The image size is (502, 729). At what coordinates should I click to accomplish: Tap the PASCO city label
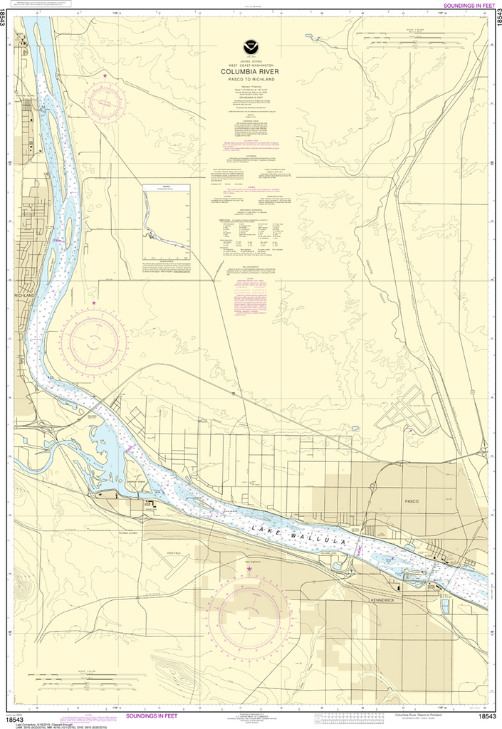click(x=412, y=501)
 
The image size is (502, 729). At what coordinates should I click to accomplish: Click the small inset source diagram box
click(x=166, y=222)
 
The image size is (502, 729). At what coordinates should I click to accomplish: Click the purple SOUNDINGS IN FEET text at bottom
click(x=157, y=717)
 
